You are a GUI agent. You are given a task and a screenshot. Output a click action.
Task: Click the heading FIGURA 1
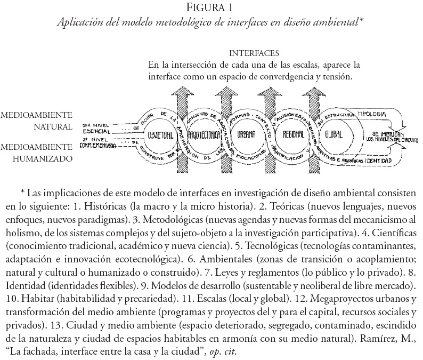(211, 9)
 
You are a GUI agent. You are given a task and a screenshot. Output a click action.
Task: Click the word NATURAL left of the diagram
(51, 127)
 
